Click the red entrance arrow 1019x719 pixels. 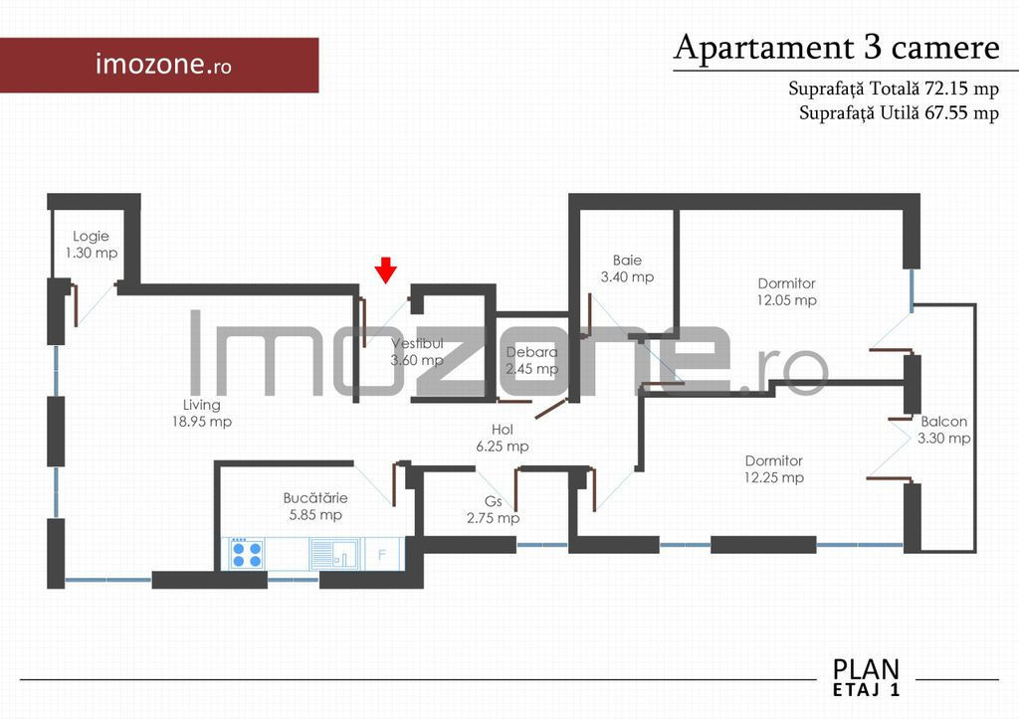385,270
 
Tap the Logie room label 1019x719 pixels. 91,245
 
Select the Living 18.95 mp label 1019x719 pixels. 201,413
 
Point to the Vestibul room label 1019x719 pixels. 417,351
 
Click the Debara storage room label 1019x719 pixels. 531,360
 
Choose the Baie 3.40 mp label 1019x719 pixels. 627,269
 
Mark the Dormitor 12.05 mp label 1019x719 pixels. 786,291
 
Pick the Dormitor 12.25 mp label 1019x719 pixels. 773,469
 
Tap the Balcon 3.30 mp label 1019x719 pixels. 943,430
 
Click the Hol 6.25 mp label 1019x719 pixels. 502,438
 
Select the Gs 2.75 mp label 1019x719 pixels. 493,509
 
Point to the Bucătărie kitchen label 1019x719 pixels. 315,506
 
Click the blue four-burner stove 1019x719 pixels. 247,553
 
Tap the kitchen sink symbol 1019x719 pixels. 335,554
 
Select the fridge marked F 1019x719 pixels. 384,554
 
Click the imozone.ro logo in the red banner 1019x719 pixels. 163,65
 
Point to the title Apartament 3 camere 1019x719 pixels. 836,48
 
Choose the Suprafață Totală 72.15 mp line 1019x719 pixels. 894,89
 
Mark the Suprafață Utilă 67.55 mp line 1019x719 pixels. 899,113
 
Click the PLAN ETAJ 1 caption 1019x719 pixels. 867,677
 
